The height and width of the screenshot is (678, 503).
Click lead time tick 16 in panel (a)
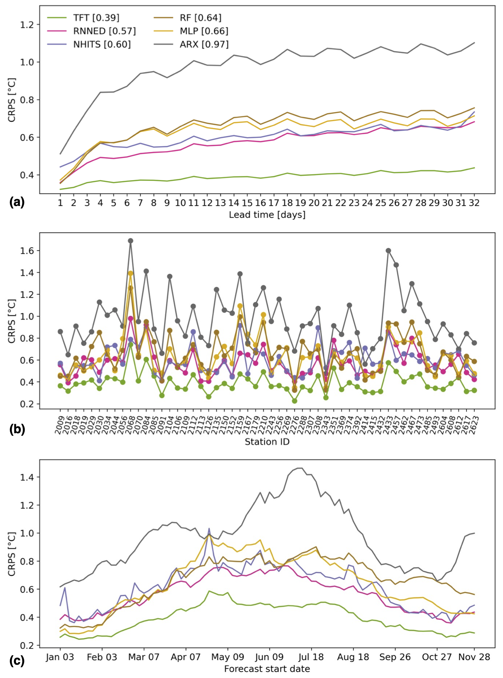click(x=260, y=203)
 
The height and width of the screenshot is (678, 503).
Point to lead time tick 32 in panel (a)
click(x=474, y=203)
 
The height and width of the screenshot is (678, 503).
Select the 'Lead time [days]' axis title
click(x=267, y=215)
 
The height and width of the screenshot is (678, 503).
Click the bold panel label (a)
click(x=17, y=202)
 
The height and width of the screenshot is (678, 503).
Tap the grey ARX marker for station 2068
click(x=131, y=241)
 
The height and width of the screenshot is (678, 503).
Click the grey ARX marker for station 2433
click(x=388, y=250)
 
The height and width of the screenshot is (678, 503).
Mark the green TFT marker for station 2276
click(x=294, y=401)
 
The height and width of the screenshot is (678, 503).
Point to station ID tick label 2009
click(x=59, y=425)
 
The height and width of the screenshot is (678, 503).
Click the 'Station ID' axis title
click(x=267, y=442)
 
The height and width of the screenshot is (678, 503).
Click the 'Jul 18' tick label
click(x=311, y=657)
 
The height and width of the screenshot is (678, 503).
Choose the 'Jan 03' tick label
click(x=60, y=657)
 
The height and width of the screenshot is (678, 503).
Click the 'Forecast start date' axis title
click(x=267, y=669)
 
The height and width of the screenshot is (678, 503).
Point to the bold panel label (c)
click(x=17, y=661)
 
